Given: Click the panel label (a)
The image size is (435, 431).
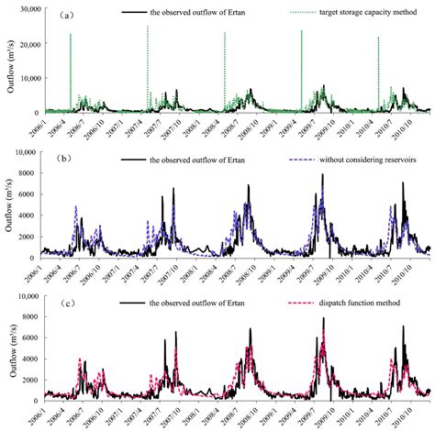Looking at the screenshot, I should (56, 16).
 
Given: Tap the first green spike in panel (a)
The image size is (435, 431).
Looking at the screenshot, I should (71, 69).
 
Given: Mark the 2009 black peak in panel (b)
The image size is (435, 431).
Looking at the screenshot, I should (322, 175).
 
